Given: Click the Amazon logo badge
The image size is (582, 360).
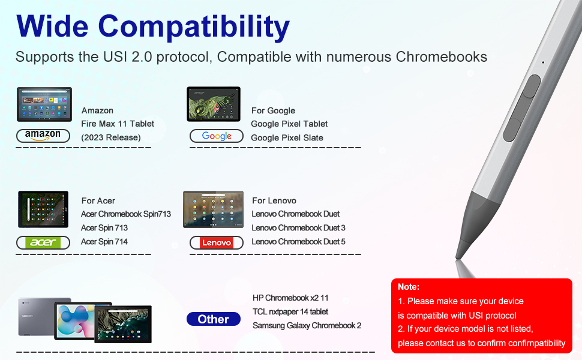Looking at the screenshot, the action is tap(43, 136).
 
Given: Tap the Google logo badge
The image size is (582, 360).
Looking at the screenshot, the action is tap(217, 136).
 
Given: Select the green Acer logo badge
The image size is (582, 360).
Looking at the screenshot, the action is tap(43, 243).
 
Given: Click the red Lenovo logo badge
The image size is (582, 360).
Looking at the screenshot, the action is tap(217, 243).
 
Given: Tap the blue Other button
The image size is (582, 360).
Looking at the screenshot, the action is tap(214, 319).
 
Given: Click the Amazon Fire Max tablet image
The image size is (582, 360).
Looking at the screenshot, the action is tap(44, 104).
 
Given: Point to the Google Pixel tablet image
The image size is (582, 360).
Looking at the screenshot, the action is tap(214, 104).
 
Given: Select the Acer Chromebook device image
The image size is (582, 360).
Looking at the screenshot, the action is tap(43, 209).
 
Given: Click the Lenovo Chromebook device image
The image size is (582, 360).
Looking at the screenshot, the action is tap(214, 209).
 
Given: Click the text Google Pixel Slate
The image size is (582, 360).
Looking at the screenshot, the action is tap(287, 137).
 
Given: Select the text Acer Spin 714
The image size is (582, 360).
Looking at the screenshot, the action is tap(104, 242).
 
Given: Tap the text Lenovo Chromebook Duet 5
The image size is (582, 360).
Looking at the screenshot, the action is tap(298, 242).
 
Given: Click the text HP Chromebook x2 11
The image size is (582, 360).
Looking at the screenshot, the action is tap(290, 298).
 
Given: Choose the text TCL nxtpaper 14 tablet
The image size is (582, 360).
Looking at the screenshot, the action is tap(290, 311).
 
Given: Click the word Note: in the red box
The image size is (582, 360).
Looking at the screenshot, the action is tap(409, 287).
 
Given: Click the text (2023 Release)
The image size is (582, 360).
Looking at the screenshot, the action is tap(111, 137).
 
